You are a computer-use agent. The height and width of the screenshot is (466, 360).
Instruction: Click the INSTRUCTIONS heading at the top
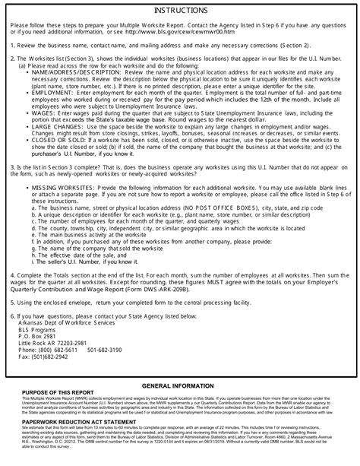click(179, 11)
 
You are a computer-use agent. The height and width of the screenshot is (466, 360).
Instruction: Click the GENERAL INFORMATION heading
click(180, 387)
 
